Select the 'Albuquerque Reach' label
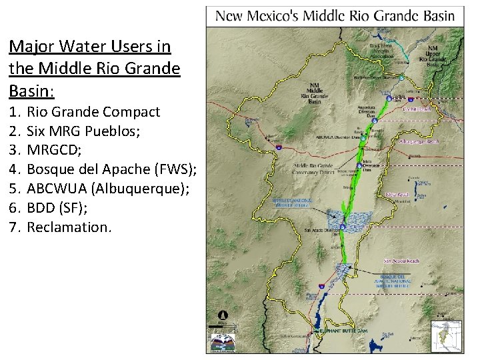(x=419, y=142)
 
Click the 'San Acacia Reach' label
(x=401, y=261)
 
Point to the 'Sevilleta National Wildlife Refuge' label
(x=289, y=203)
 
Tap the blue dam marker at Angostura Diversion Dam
(x=374, y=121)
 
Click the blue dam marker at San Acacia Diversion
(x=342, y=227)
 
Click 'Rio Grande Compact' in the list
(x=93, y=111)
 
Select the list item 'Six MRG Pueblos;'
(x=83, y=131)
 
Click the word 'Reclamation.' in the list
(x=69, y=227)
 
